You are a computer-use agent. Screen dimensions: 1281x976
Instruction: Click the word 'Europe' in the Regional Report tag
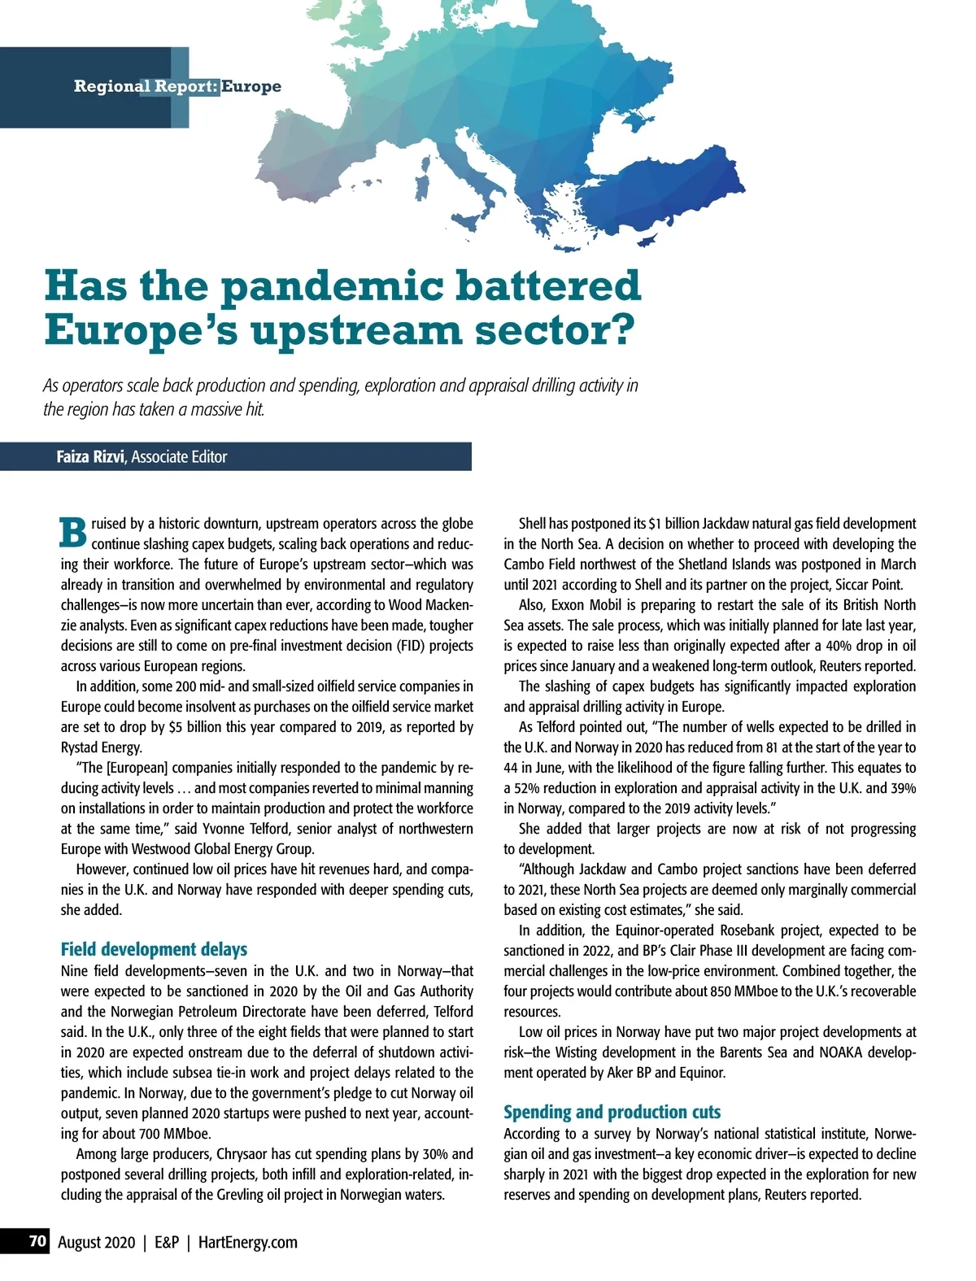(x=251, y=86)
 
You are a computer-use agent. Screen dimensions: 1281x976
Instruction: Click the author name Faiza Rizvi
(x=90, y=457)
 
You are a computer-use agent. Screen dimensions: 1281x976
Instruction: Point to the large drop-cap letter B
(x=73, y=533)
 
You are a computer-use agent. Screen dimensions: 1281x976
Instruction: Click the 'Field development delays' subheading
(x=154, y=949)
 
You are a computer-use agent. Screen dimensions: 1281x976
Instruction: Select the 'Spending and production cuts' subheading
(x=612, y=1112)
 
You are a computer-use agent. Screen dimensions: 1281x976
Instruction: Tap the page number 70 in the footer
(x=37, y=1242)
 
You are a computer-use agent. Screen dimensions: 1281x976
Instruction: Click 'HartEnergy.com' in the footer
(x=248, y=1242)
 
